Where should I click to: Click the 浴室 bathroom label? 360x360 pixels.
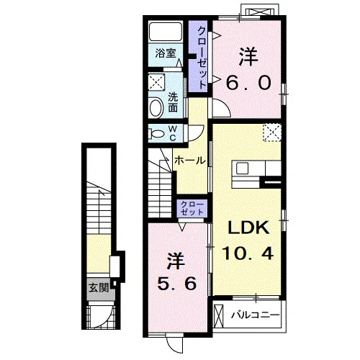point(166,53)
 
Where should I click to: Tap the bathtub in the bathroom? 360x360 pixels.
point(165,32)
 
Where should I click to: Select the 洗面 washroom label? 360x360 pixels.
point(173,102)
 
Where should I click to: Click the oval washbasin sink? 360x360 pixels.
point(156,107)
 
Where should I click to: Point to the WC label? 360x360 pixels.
point(173,133)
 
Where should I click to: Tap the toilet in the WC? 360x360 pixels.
point(156,133)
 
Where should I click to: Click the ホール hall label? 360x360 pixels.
point(190,161)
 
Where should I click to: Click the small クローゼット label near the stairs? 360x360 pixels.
point(192,208)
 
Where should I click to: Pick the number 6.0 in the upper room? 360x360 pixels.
point(248,82)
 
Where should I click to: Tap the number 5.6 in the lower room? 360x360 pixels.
point(177,284)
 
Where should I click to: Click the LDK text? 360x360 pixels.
point(248,228)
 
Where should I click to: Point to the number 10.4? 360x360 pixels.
point(248,253)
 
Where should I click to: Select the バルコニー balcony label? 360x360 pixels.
point(256,315)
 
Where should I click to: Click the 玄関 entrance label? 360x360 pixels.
point(99,287)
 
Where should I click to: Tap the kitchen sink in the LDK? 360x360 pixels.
point(242,168)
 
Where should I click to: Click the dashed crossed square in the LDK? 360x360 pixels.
point(272,132)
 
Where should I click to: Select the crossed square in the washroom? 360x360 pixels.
point(156,82)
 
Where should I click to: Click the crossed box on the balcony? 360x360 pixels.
point(218,315)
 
